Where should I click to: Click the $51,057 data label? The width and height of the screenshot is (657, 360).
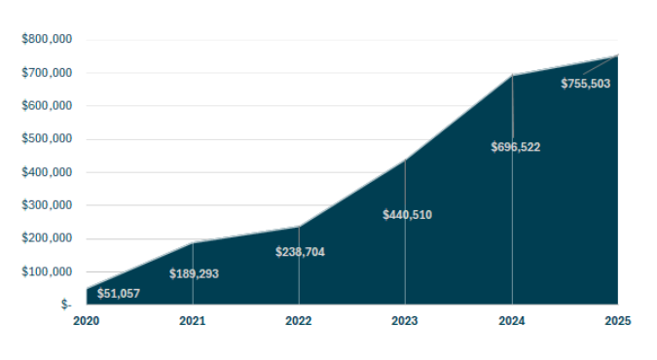click(x=118, y=294)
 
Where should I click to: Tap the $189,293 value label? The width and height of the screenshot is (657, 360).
click(x=194, y=274)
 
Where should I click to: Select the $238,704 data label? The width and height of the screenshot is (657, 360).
click(x=300, y=252)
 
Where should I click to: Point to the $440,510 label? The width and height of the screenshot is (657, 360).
click(x=407, y=215)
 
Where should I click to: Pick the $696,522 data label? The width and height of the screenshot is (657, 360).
click(x=515, y=148)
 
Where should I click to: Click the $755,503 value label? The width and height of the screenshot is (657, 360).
click(x=585, y=84)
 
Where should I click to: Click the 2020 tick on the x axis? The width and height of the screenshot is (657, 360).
click(x=86, y=321)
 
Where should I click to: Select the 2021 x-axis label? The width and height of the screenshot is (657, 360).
click(x=193, y=321)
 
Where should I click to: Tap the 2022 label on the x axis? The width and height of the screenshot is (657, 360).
click(x=299, y=321)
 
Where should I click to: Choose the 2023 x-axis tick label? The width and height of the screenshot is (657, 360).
click(x=405, y=321)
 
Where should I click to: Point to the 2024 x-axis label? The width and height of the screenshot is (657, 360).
click(x=512, y=321)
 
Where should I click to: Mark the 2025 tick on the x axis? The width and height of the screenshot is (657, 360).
click(x=618, y=321)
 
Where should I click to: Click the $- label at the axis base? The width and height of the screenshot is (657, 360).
click(x=66, y=305)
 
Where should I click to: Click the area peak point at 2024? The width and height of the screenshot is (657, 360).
click(x=512, y=75)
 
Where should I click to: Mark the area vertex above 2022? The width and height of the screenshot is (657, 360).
click(x=299, y=226)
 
